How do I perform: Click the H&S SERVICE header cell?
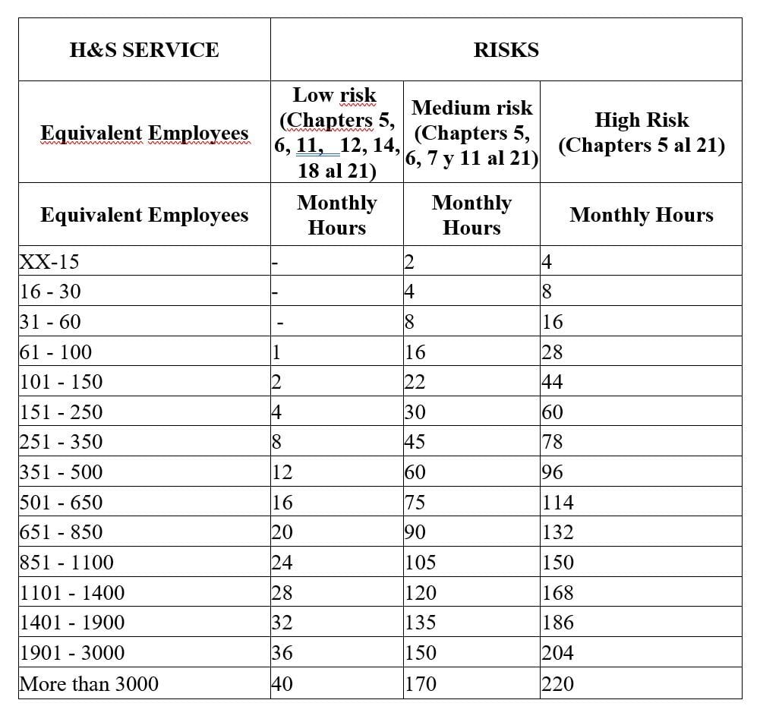(x=144, y=50)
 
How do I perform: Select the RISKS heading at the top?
(x=506, y=50)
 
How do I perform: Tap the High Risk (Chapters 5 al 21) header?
(x=642, y=132)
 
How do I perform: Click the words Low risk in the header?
(x=335, y=95)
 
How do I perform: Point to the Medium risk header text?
(x=471, y=108)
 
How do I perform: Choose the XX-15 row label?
(x=49, y=262)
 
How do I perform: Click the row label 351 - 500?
(x=61, y=472)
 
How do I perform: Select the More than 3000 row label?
(x=89, y=683)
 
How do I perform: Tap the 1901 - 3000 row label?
(x=72, y=653)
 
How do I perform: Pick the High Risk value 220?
(x=557, y=683)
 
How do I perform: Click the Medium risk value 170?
(x=420, y=683)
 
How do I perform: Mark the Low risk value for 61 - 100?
(x=277, y=352)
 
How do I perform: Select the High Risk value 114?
(x=557, y=503)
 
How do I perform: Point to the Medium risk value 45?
(x=415, y=442)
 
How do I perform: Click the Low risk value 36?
(x=282, y=653)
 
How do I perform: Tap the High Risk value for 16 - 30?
(x=547, y=292)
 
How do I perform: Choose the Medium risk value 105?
(x=420, y=563)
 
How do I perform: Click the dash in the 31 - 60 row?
(x=280, y=323)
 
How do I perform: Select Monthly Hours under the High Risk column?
(x=642, y=215)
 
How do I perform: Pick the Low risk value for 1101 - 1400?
(x=282, y=593)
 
